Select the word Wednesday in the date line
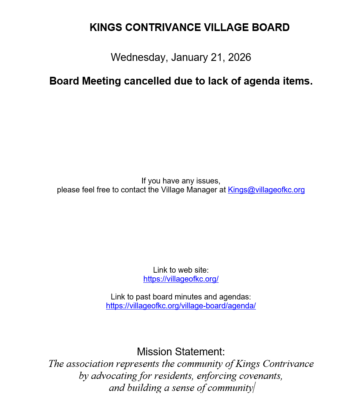point(138,57)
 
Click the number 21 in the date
point(216,57)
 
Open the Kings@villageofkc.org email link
point(266,190)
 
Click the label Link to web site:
point(181,270)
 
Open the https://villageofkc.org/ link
point(181,279)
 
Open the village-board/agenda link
point(181,306)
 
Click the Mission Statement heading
point(181,352)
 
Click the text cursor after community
point(254,388)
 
